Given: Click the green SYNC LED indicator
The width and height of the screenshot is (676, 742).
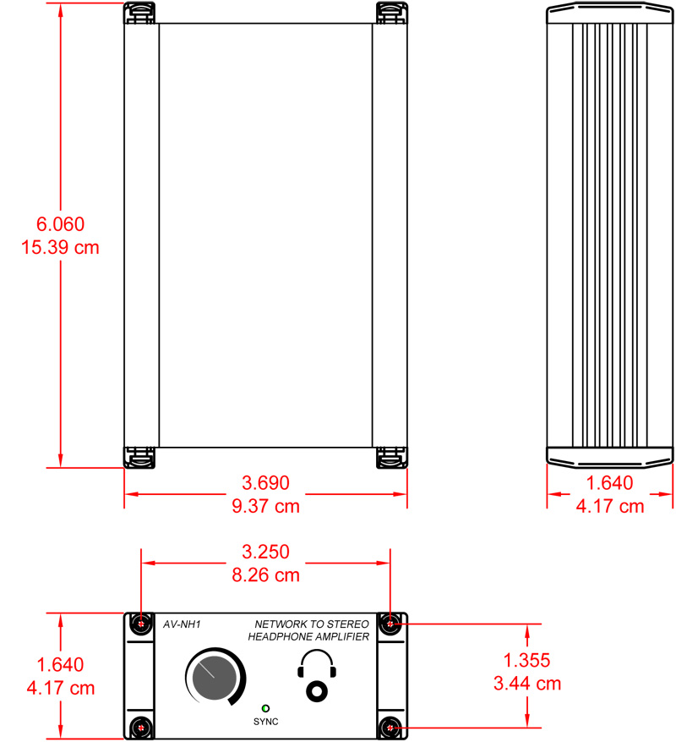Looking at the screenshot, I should (266, 707).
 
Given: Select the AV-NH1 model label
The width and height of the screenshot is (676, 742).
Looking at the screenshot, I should (181, 626).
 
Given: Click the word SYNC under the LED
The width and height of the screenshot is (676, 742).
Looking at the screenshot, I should (266, 723).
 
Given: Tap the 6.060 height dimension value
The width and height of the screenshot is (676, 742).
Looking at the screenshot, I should (60, 224).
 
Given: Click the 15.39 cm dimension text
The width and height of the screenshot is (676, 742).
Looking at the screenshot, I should (60, 248).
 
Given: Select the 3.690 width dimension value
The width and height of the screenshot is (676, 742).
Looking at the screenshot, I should (265, 483).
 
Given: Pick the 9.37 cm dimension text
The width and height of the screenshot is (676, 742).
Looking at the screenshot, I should (265, 506).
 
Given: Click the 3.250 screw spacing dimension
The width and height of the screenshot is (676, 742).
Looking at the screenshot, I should (265, 552).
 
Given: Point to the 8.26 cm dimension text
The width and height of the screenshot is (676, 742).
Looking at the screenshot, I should (265, 575).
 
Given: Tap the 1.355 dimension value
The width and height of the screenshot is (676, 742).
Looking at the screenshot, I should (526, 660).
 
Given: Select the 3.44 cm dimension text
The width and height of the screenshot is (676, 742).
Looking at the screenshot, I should (526, 683).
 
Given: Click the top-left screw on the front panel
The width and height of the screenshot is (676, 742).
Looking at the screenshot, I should (141, 624).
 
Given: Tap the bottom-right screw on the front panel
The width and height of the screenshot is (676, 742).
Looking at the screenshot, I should (390, 727).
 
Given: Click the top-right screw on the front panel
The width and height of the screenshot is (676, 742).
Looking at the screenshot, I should (390, 624).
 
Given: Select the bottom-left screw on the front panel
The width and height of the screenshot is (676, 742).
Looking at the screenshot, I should (141, 727).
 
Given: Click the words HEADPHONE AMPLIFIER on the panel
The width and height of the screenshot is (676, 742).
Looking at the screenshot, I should (308, 637).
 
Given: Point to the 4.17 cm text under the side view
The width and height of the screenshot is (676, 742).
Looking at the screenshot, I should (610, 506).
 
